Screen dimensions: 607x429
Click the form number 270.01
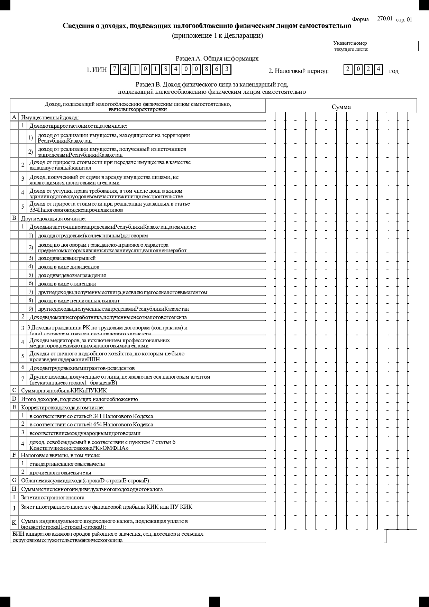pos(384,19)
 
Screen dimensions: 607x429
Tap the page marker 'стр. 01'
pos(404,19)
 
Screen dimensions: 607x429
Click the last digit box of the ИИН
pos(227,70)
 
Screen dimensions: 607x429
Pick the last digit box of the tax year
pos(379,70)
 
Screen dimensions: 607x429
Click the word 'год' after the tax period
pos(393,71)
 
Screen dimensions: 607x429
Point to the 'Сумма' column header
pos(341,107)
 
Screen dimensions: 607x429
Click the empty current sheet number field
pos(400,46)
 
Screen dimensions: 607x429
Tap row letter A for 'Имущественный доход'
pos(14,117)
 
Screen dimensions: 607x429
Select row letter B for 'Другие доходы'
pos(14,218)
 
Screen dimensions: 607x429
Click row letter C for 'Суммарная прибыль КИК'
pos(14,390)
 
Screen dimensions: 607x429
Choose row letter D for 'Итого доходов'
pos(14,399)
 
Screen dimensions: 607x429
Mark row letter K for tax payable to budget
pos(14,523)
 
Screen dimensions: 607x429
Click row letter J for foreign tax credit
pos(14,508)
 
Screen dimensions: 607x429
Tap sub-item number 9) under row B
pos(31,309)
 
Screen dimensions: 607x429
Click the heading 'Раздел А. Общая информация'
pos(217,58)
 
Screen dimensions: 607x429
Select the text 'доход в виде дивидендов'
pos(69,267)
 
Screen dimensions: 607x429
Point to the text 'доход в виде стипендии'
pos(67,284)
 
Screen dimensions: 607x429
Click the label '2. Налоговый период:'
pos(299,71)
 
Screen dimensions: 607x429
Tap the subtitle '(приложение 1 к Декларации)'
pos(217,36)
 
